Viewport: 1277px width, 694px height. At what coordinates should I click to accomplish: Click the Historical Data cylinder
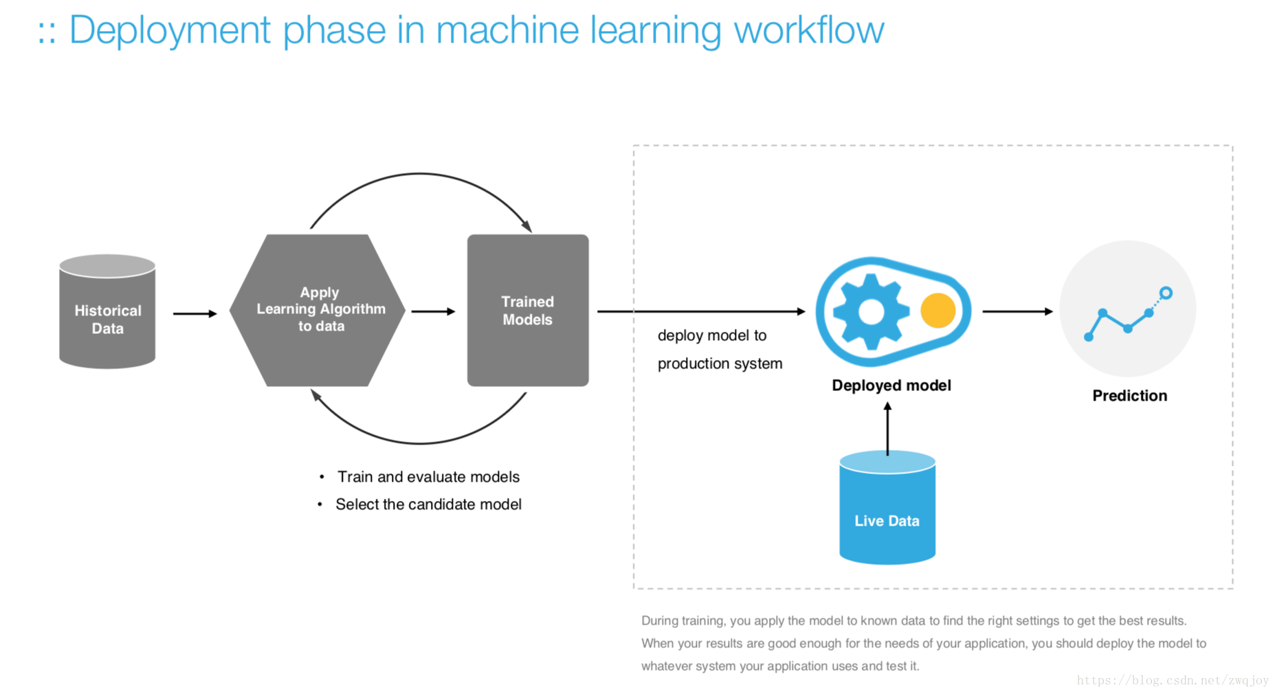click(107, 311)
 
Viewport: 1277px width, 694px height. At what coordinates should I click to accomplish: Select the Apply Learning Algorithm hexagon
click(318, 310)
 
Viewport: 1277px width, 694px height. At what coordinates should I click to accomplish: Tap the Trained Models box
click(528, 310)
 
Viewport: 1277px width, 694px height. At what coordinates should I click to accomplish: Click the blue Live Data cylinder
click(887, 508)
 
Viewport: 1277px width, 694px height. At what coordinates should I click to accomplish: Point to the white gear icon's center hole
click(871, 312)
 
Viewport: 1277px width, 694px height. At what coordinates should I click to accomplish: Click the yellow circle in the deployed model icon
click(938, 310)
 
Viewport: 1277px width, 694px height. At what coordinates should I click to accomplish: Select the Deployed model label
click(891, 385)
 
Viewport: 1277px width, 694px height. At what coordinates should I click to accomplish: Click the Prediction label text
click(1130, 396)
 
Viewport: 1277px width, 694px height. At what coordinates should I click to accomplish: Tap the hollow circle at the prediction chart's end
click(1166, 293)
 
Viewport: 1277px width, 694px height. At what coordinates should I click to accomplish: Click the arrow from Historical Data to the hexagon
click(195, 313)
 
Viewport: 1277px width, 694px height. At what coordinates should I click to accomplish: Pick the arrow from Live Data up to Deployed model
click(887, 429)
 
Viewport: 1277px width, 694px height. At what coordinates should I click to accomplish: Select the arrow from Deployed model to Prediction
click(1018, 311)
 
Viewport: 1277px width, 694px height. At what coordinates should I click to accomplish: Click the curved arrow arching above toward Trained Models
click(421, 174)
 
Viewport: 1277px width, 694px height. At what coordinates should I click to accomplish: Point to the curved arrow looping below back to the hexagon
click(421, 443)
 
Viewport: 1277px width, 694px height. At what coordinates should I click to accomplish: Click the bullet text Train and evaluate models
click(428, 477)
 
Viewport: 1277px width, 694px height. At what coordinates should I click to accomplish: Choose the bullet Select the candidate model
click(428, 504)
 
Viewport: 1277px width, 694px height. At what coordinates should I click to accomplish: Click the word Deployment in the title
click(170, 31)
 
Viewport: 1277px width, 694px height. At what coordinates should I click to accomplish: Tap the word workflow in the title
click(809, 30)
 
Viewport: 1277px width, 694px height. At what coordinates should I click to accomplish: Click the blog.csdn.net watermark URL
click(1173, 680)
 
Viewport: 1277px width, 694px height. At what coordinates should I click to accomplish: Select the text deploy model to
click(712, 335)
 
